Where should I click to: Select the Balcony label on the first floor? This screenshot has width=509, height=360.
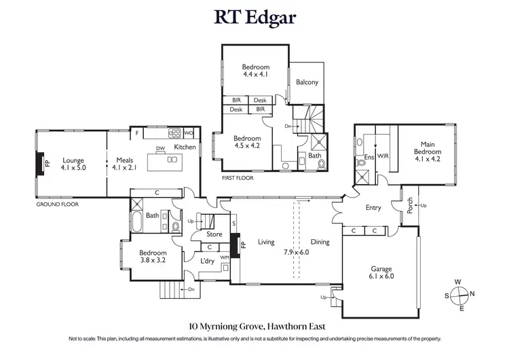click(x=307, y=82)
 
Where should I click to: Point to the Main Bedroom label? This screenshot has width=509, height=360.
click(x=427, y=147)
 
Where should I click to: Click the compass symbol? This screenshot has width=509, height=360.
click(x=461, y=295)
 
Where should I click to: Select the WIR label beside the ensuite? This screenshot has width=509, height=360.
click(x=382, y=156)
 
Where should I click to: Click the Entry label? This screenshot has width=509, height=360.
click(x=373, y=208)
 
